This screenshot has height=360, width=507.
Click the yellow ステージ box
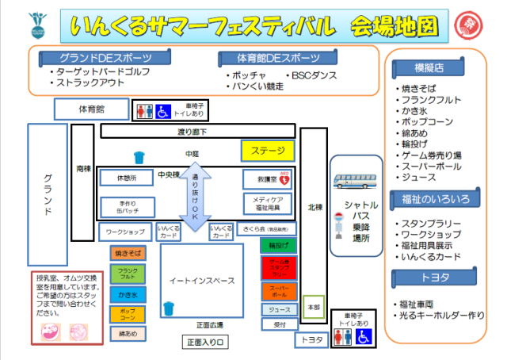point(268,151)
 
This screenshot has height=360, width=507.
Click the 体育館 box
point(92,109)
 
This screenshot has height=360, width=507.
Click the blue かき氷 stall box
point(128,294)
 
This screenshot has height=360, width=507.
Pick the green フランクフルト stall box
point(128,274)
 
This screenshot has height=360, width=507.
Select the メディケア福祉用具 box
point(268,204)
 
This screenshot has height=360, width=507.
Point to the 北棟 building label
point(314,208)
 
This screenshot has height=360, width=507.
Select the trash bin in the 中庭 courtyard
point(139,157)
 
